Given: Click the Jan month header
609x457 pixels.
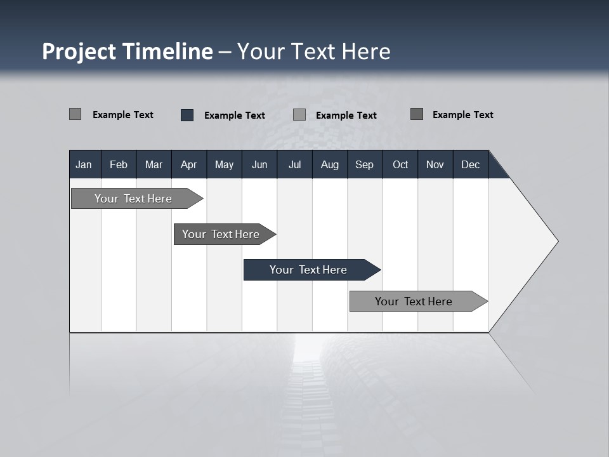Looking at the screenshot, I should click(x=84, y=164).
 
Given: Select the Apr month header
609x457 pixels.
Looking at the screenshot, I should click(x=188, y=164).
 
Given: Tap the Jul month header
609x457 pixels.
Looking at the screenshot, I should click(x=294, y=164).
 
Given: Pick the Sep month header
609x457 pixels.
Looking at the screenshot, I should click(x=364, y=164).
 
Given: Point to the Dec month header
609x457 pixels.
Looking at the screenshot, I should click(x=470, y=164).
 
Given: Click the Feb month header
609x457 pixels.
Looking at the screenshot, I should click(x=119, y=164).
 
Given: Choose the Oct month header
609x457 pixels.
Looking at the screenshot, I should click(x=400, y=164).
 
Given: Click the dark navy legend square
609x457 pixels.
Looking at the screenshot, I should click(x=187, y=115).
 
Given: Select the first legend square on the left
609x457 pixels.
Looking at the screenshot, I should click(x=75, y=114).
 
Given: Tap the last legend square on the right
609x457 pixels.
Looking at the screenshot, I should click(x=417, y=114).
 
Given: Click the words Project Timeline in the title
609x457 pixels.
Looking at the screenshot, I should click(x=127, y=51).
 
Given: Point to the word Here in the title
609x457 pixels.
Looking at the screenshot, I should click(x=366, y=51).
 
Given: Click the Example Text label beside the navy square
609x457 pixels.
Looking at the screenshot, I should click(x=234, y=116).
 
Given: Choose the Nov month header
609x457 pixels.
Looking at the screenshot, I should click(x=435, y=164).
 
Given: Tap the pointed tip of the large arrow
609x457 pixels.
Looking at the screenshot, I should click(x=557, y=241).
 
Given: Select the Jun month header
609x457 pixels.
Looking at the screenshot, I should click(x=259, y=164).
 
